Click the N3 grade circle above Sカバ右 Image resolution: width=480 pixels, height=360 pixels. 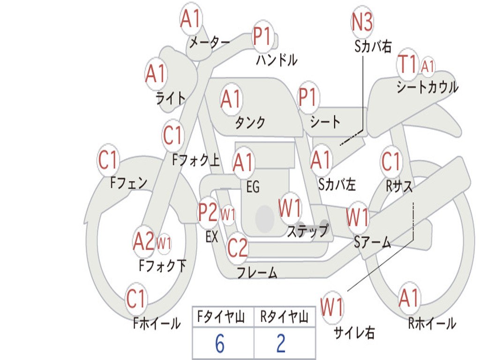coord(362,22)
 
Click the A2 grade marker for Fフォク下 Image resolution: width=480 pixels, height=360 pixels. coord(143,241)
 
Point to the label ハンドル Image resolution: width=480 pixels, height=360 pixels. coord(277,60)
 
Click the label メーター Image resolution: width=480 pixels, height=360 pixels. coord(209,43)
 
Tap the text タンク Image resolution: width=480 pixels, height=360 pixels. coord(250,123)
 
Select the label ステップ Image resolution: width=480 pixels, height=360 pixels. coord(307,231)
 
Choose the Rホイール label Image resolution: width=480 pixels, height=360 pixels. coord(432,323)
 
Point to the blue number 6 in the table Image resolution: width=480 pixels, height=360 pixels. coord(219,344)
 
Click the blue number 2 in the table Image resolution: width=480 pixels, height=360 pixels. coord(281,344)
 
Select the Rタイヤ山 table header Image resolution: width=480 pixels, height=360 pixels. coord(284,318)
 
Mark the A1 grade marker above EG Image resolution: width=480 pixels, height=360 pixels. coord(243,163)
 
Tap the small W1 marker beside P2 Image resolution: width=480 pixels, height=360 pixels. coord(228,215)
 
